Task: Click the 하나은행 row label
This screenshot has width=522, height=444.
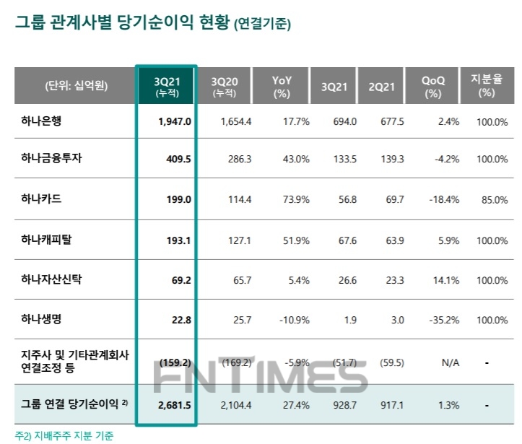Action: [42, 121]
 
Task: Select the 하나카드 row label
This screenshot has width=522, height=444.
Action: [42, 200]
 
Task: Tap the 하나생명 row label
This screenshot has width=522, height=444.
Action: [42, 318]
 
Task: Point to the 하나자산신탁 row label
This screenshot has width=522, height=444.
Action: [52, 279]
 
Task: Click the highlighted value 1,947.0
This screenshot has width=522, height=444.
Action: [175, 121]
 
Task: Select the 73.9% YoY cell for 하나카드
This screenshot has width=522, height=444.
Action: [296, 200]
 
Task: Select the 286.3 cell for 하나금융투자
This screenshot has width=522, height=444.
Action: [237, 160]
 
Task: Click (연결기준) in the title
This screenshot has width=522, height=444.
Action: [263, 25]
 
